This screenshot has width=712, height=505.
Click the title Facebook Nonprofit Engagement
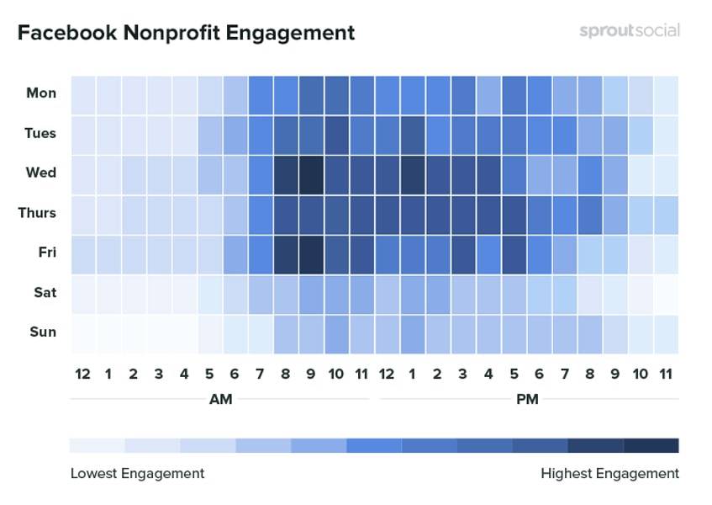point(186,33)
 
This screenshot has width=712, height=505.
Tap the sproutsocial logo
point(629,31)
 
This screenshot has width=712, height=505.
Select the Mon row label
point(41,93)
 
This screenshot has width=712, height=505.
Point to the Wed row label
point(41,173)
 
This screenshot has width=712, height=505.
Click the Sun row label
point(43,332)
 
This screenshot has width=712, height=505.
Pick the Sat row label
point(45,292)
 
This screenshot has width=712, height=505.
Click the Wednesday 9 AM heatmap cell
point(311,173)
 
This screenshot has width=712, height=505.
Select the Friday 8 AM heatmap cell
point(286,253)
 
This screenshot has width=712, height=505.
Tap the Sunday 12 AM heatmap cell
point(82,333)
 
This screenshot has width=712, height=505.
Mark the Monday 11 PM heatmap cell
point(666,93)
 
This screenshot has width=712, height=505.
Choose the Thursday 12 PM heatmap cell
point(388,214)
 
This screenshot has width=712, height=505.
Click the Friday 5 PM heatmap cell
point(514,253)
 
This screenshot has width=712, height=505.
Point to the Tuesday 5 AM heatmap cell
point(210,134)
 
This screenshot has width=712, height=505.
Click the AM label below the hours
point(220,399)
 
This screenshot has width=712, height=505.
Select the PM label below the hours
point(527,399)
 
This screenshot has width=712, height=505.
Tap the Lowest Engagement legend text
point(137,473)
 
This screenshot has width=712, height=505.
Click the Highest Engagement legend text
point(609,473)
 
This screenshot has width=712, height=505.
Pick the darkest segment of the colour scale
point(651,445)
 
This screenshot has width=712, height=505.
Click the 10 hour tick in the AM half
point(336,374)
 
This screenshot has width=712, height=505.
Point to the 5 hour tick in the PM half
point(514,374)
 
